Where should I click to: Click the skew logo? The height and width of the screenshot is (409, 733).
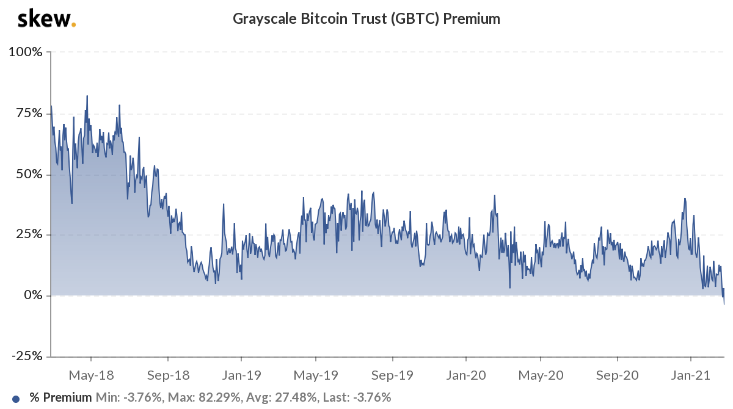coord(46,19)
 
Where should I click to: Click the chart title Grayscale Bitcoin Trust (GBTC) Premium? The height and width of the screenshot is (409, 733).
coord(366,19)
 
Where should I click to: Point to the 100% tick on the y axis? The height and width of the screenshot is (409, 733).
coord(26,52)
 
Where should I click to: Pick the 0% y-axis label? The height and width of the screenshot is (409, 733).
coord(32,295)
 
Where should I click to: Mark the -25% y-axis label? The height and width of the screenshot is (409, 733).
coord(26,357)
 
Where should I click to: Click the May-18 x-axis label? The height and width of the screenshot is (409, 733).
coord(90,374)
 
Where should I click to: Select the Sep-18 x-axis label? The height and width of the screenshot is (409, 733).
coord(167,374)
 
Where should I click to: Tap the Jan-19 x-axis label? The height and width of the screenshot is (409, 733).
coord(243,374)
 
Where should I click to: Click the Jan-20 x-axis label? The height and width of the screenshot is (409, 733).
coord(467,374)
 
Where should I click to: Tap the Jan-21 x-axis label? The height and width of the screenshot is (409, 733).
coord(691,374)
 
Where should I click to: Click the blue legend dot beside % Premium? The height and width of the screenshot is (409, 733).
coord(16,398)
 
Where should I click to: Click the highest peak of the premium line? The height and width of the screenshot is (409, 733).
coord(87,96)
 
